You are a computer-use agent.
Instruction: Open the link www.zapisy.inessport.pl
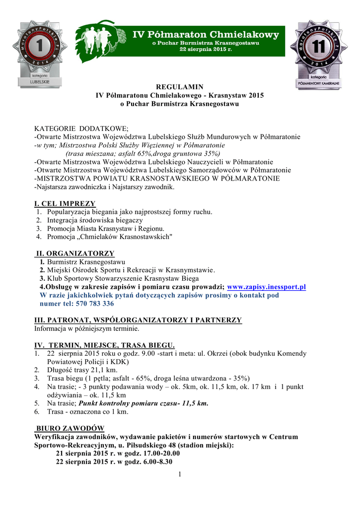pyautogui.click(x=266, y=287)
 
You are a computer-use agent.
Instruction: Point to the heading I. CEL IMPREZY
pyautogui.click(x=65, y=203)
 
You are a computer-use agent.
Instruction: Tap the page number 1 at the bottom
pyautogui.click(x=180, y=475)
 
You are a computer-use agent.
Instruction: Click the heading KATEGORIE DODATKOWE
pyautogui.click(x=81, y=128)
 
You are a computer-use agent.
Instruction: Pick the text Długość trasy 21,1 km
pyautogui.click(x=82, y=370)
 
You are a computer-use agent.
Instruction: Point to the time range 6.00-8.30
pyautogui.click(x=155, y=462)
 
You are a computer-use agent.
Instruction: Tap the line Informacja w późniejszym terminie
pyautogui.click(x=86, y=328)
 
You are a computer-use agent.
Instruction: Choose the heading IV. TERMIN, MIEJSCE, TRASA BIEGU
pyautogui.click(x=104, y=345)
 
